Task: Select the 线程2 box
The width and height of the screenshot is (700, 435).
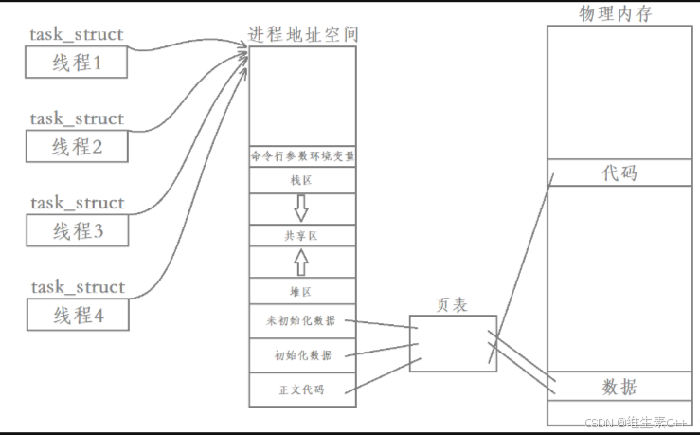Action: click(x=75, y=147)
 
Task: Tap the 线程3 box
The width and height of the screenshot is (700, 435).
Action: click(x=75, y=230)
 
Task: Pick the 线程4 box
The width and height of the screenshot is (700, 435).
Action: click(x=75, y=315)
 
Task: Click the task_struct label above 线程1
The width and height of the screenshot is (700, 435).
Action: click(x=77, y=35)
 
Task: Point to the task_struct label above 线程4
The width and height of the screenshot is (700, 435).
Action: click(x=77, y=287)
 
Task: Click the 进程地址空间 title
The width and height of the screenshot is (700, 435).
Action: click(x=303, y=35)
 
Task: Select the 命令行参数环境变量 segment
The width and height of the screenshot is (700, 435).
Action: click(x=303, y=155)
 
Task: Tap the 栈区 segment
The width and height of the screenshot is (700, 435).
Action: click(x=303, y=180)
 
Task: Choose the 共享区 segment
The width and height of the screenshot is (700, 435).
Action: click(x=303, y=234)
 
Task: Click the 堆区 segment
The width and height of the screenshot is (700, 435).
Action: click(x=303, y=291)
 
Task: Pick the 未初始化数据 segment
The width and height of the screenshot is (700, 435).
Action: click(x=303, y=321)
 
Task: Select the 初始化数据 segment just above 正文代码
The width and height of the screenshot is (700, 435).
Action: click(x=303, y=355)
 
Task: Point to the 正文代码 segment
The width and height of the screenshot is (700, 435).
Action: click(x=303, y=390)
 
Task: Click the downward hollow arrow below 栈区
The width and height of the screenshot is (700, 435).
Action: click(x=302, y=208)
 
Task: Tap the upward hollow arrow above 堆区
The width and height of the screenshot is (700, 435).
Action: click(x=302, y=261)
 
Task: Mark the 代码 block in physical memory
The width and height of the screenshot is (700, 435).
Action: click(x=619, y=172)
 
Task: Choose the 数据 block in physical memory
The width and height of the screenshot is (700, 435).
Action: click(x=619, y=387)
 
